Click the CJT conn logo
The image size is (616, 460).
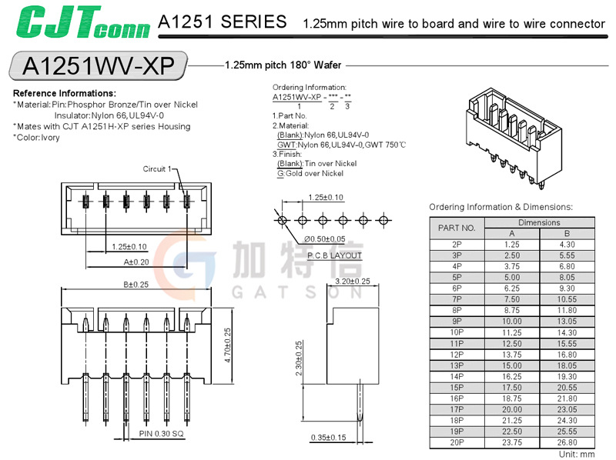[82, 23]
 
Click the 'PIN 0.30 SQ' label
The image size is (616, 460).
[162, 434]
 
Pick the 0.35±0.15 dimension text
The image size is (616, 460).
[327, 438]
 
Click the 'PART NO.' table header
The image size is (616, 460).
[457, 228]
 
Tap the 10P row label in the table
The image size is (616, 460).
[457, 333]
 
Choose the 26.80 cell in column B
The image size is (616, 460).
[567, 443]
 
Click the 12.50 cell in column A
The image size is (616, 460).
[512, 344]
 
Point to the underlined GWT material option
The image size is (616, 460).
[286, 144]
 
